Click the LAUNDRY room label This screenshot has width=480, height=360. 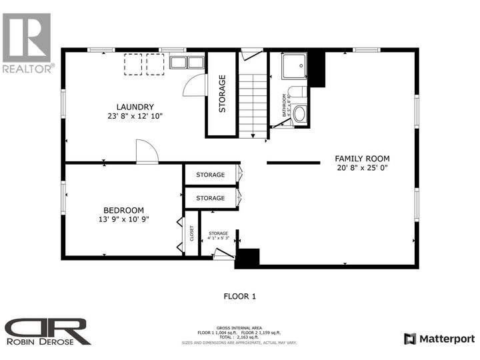tap(135, 107)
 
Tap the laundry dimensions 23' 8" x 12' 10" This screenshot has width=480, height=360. tap(135, 116)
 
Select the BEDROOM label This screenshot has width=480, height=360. tap(123, 210)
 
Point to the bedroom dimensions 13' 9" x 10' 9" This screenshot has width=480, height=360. tap(123, 219)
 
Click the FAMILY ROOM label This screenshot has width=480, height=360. tap(362, 159)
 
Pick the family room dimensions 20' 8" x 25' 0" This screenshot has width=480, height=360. tap(362, 168)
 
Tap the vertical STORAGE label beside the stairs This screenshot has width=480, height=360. tap(222, 93)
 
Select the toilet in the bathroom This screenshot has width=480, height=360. tap(299, 113)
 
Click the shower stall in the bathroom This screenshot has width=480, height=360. tap(293, 67)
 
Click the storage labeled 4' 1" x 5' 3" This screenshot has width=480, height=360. tap(218, 235)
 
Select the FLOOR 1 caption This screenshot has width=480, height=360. tap(239, 296)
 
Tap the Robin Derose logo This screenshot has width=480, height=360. tap(47, 331)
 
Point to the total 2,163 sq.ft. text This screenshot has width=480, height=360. tap(239, 337)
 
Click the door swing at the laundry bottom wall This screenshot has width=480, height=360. tap(147, 151)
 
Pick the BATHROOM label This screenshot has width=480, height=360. tap(284, 107)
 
